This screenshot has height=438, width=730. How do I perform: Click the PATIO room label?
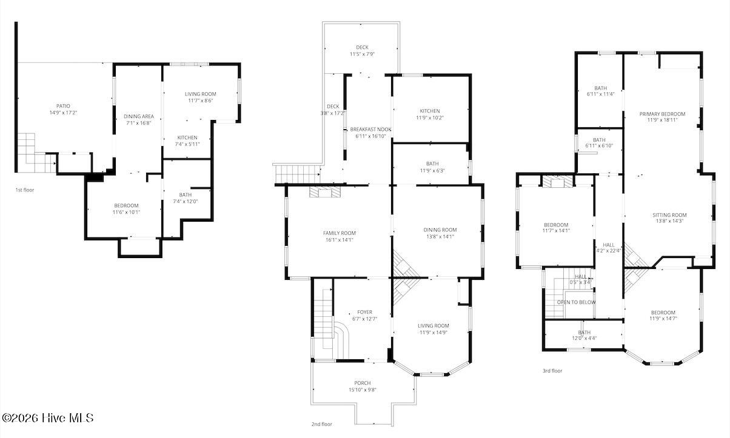click(63, 106)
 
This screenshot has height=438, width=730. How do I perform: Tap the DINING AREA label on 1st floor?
click(139, 116)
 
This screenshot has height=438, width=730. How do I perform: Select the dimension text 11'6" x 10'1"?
click(127, 212)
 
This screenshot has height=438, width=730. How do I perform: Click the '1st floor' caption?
click(25, 190)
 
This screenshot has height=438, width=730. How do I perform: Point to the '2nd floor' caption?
click(322, 424)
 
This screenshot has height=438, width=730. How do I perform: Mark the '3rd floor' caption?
click(552, 371)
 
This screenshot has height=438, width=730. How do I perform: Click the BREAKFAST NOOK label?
click(371, 129)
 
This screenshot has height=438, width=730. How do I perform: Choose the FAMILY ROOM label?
click(340, 233)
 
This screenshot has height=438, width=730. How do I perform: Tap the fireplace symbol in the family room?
click(325, 191)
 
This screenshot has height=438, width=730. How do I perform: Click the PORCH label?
click(363, 383)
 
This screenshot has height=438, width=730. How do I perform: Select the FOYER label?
click(364, 312)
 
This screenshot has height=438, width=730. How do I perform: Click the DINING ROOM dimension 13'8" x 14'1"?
click(440, 237)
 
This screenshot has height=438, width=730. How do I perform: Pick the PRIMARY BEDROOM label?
click(662, 114)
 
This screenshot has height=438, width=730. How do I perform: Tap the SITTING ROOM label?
click(670, 215)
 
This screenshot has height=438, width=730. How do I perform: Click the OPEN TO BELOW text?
click(576, 302)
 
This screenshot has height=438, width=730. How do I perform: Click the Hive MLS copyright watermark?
click(48, 418)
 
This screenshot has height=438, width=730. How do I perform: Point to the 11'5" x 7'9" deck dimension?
click(362, 54)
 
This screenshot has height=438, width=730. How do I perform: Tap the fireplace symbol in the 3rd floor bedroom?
click(557, 182)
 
